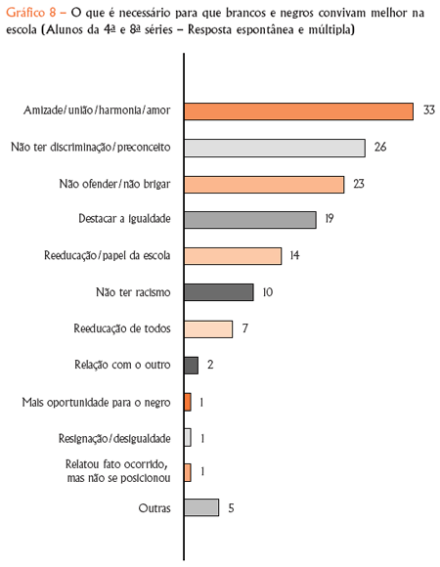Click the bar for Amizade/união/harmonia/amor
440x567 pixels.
click(x=298, y=111)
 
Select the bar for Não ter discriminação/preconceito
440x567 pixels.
click(x=275, y=148)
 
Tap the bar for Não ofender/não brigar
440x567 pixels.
click(x=264, y=185)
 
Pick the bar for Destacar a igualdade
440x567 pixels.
click(x=250, y=220)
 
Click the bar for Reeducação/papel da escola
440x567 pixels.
click(x=233, y=256)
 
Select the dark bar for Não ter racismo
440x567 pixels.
click(x=219, y=292)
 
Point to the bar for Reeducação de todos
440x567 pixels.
click(x=208, y=329)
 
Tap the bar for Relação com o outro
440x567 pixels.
click(x=192, y=366)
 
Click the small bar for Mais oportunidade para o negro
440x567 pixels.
click(x=188, y=402)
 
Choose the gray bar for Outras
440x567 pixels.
click(x=201, y=507)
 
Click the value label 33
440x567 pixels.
click(x=429, y=109)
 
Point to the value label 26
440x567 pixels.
click(x=380, y=147)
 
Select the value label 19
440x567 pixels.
click(x=329, y=218)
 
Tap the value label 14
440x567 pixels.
click(x=294, y=255)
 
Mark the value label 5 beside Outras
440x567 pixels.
click(x=231, y=508)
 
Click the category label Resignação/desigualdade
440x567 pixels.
click(x=114, y=439)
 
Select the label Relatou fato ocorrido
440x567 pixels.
click(x=116, y=464)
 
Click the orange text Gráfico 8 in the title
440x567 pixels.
click(x=31, y=13)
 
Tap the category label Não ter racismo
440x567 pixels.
click(x=133, y=292)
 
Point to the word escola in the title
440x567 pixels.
click(x=22, y=29)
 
